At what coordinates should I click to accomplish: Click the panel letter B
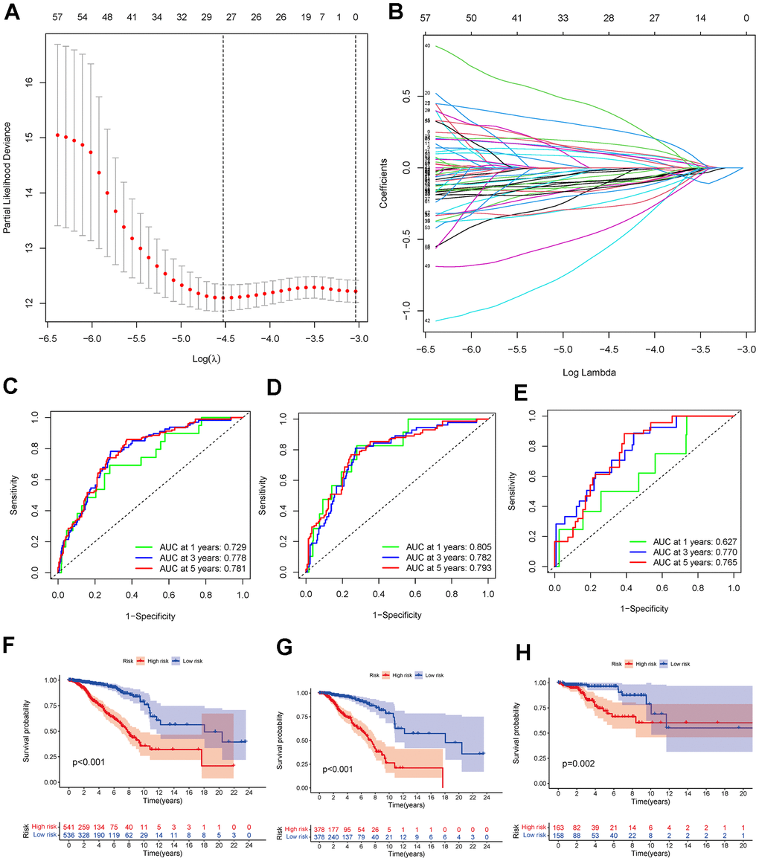tap(396, 11)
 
